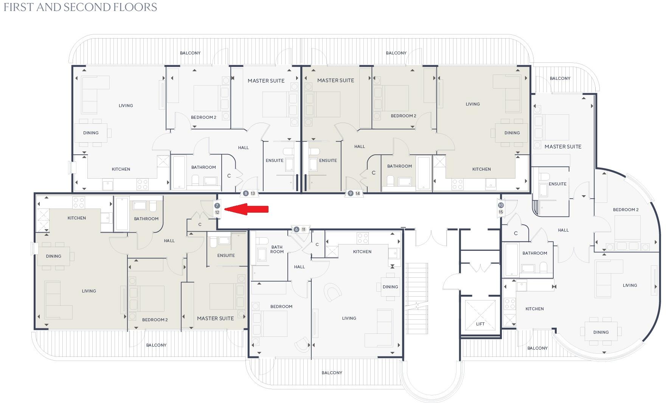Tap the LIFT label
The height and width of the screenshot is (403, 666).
[x=480, y=324]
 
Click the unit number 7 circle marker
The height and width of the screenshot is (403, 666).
[x=217, y=205]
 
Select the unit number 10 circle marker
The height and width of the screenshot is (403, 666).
[x=501, y=205]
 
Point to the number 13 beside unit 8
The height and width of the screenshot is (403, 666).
[x=253, y=193]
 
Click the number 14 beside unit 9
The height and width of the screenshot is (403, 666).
[x=357, y=193]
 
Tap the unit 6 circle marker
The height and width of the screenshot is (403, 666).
[x=297, y=229]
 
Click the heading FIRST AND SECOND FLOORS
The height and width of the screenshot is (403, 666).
[x=80, y=8]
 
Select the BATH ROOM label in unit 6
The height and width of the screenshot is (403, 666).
[x=277, y=249]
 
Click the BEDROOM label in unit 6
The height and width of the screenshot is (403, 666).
[x=281, y=307]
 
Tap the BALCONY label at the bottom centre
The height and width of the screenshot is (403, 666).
[x=332, y=373]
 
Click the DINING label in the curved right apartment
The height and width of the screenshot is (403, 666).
[x=601, y=332]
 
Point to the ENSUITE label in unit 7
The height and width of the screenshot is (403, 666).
[x=226, y=255]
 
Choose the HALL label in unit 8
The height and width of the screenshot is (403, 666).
[x=244, y=148]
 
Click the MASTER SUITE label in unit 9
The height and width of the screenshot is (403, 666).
[x=335, y=80]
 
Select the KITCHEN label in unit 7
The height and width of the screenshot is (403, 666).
[x=77, y=218]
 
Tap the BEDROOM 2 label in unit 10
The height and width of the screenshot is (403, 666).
[x=626, y=210]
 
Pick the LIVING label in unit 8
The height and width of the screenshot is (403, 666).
[x=126, y=106]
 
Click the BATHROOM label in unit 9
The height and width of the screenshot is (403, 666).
[x=399, y=166]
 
